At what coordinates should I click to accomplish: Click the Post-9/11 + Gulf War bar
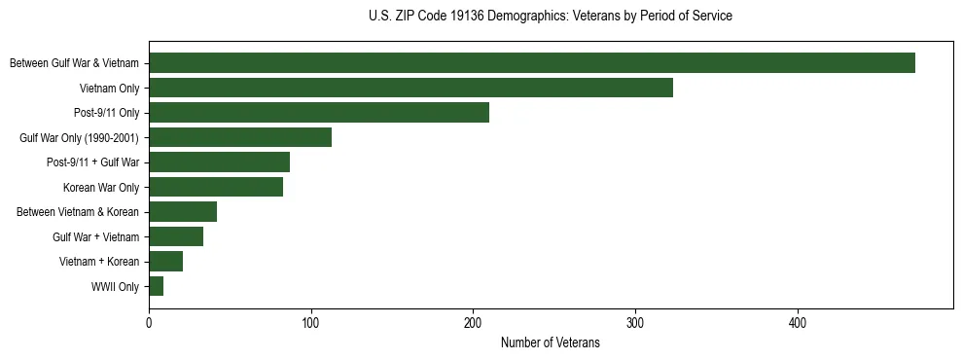tap(219, 162)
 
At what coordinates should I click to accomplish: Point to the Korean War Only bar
tap(216, 187)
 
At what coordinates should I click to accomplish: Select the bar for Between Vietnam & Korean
tap(183, 212)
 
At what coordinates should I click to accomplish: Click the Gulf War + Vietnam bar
tap(176, 236)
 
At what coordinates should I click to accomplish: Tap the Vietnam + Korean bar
tap(165, 261)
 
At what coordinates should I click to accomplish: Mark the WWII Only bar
tap(156, 286)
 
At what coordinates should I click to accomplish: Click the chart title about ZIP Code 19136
tap(551, 17)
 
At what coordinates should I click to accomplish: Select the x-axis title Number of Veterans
tap(551, 343)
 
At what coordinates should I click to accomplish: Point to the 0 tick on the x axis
tap(149, 323)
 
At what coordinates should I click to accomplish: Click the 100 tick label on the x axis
tap(311, 323)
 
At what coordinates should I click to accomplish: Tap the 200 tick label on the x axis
tap(473, 323)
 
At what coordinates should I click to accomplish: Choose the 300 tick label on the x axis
tap(635, 323)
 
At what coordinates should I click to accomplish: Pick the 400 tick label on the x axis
tap(798, 323)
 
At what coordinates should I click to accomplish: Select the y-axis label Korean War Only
tap(101, 188)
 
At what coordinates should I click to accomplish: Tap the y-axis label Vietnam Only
tap(109, 89)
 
